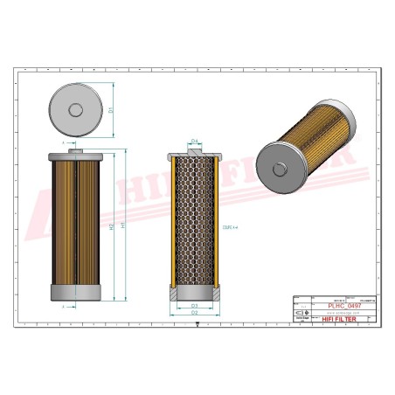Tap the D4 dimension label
[195, 140]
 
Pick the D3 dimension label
[195, 304]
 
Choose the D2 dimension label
[195, 312]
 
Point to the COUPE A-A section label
[231, 225]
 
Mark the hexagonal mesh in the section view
[195, 223]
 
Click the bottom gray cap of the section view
[195, 293]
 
